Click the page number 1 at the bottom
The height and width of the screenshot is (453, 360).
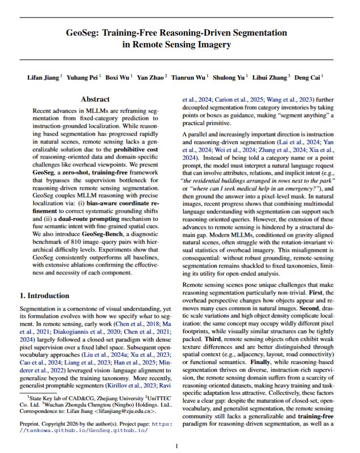[177, 446]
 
